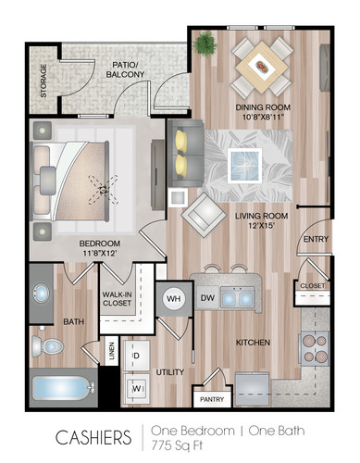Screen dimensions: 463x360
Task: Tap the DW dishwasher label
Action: click(209, 298)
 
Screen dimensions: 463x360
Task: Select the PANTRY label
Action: click(212, 399)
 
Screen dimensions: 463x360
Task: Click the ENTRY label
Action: click(315, 240)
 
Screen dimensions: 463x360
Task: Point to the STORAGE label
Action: click(41, 81)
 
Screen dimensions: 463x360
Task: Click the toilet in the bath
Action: click(52, 347)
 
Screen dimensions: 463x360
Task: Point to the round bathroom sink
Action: click(43, 294)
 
